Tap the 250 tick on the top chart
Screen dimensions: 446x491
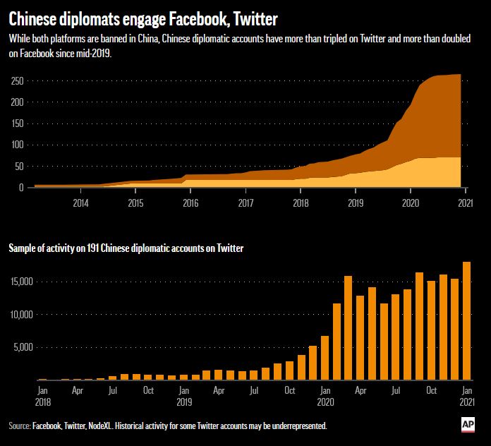(16, 81)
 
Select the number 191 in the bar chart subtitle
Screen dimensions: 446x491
(82, 248)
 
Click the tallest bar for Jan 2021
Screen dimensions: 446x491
(466, 321)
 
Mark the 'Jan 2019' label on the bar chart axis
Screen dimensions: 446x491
(183, 395)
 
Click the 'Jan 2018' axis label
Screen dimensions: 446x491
(42, 395)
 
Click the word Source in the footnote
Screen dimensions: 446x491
(19, 426)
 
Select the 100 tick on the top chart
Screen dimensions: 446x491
(16, 145)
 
